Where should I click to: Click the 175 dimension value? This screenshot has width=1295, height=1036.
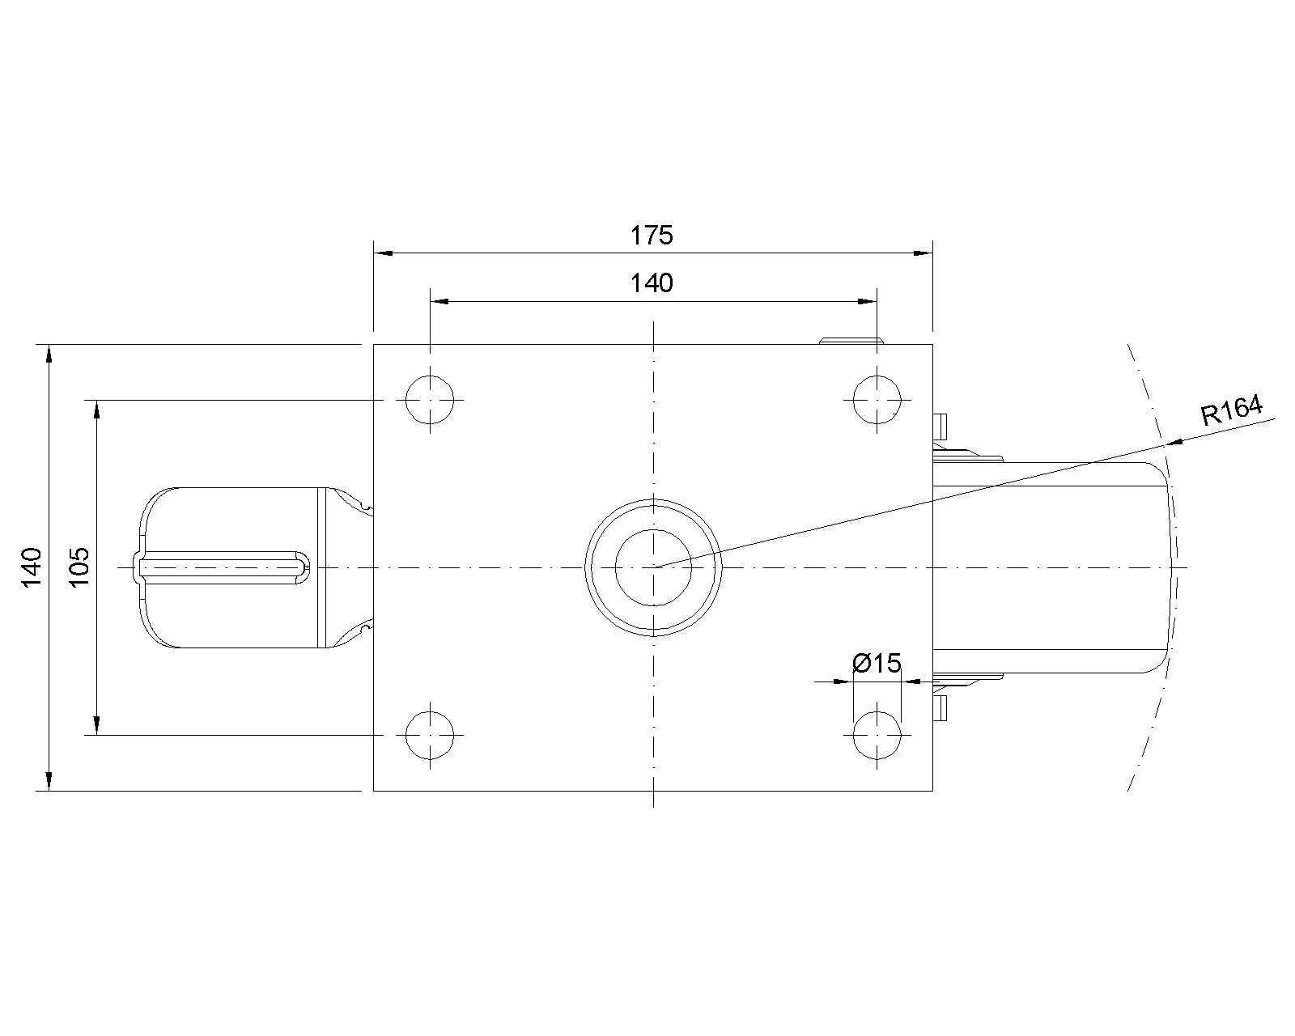click(x=651, y=236)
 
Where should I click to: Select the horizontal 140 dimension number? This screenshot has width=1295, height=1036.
click(x=651, y=283)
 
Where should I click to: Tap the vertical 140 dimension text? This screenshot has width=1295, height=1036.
click(x=32, y=567)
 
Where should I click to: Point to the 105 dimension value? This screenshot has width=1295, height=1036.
click(x=79, y=567)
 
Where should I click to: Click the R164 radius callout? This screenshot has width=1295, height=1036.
click(x=1231, y=410)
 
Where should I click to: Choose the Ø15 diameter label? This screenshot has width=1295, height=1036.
click(x=877, y=664)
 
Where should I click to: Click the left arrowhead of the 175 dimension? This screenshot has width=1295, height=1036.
click(x=384, y=253)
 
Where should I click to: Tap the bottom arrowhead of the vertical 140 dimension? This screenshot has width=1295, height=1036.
click(x=49, y=781)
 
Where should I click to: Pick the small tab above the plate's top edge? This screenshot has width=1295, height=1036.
click(x=851, y=341)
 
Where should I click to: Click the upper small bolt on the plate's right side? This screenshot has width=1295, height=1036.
click(x=940, y=427)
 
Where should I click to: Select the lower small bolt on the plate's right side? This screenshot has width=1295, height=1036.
click(x=940, y=708)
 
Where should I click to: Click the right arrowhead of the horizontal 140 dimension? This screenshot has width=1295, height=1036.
click(x=867, y=302)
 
